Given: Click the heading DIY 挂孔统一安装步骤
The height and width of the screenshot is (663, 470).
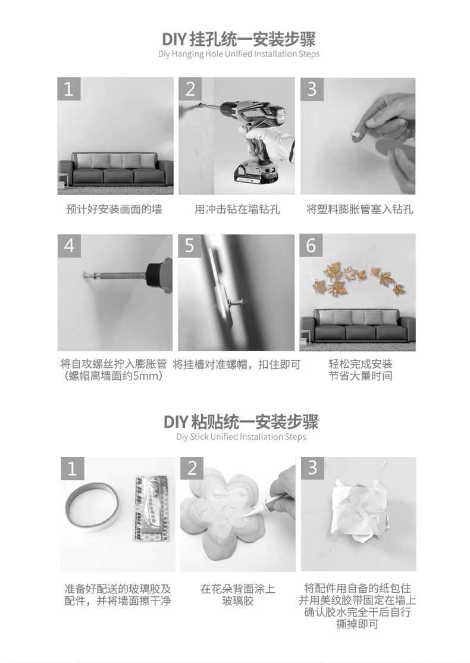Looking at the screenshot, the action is [x=239, y=39].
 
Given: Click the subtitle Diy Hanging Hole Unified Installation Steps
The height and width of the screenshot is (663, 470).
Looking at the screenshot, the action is [x=239, y=54].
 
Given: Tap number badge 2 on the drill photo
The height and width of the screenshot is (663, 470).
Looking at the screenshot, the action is [x=190, y=89].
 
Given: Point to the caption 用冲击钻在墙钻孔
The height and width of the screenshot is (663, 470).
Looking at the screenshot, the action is [x=237, y=209].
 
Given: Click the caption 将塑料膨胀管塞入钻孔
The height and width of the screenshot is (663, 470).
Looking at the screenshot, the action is [x=360, y=209].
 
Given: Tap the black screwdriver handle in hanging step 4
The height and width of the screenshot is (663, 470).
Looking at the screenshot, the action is [x=159, y=276].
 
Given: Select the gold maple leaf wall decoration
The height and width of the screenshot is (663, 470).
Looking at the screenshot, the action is [x=359, y=277].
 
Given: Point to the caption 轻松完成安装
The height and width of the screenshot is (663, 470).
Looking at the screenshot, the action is [x=361, y=364].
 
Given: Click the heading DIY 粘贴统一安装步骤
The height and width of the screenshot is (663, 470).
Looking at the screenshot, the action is [x=240, y=422].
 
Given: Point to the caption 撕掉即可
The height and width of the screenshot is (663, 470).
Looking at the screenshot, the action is [x=358, y=624].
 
